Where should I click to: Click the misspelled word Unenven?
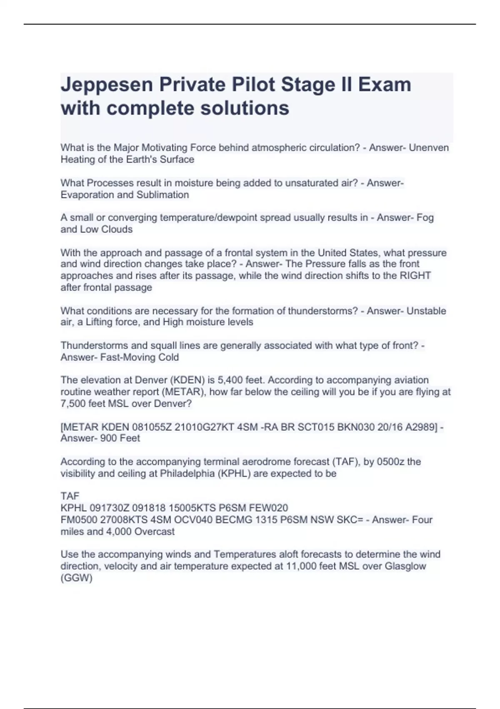click(x=429, y=148)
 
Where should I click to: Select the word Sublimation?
click(x=163, y=195)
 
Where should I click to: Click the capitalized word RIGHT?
click(x=415, y=276)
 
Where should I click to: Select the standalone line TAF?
click(x=70, y=496)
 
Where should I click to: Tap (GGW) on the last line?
click(x=76, y=578)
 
